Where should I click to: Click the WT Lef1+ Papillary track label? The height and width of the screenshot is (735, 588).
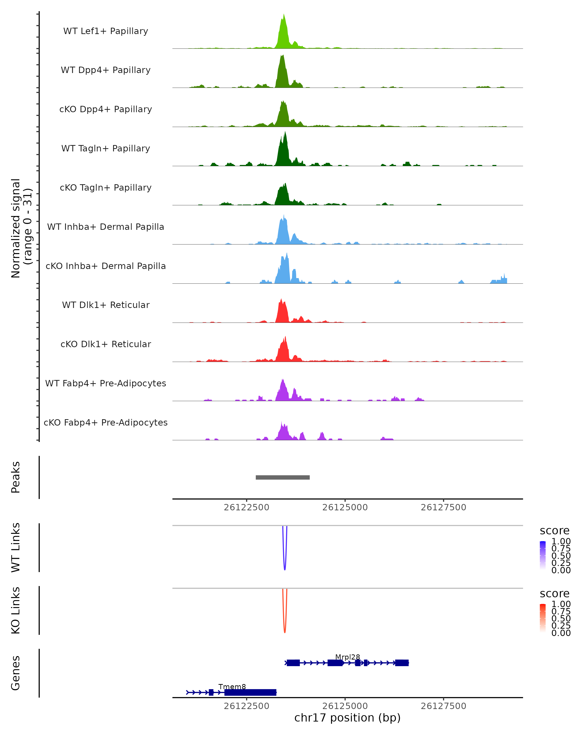point(106,31)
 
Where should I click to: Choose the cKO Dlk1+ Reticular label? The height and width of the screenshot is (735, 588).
point(106,344)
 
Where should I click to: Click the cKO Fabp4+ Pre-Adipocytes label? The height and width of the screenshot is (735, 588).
point(106,422)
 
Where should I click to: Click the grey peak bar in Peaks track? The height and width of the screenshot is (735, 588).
point(282,477)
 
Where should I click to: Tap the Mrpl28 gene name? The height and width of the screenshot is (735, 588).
point(347,657)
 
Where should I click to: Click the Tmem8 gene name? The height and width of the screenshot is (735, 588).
point(232,686)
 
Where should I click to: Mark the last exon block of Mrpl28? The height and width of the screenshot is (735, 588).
point(402,663)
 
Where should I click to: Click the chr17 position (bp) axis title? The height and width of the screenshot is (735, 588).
point(347,718)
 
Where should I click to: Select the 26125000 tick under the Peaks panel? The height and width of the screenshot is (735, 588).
point(345,507)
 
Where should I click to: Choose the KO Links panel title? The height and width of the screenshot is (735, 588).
point(16,610)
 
